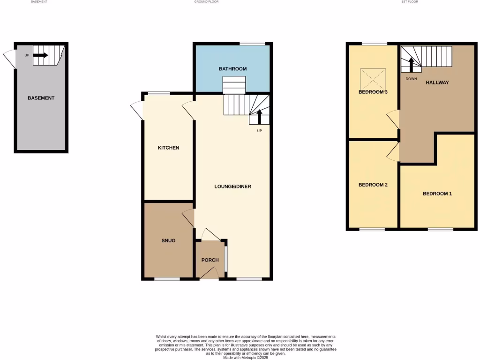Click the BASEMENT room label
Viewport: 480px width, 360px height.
click(x=41, y=98)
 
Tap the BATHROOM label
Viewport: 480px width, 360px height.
click(x=232, y=69)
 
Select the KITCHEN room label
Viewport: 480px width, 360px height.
click(x=168, y=148)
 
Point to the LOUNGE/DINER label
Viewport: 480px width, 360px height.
click(x=232, y=186)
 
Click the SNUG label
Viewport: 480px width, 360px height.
click(x=168, y=240)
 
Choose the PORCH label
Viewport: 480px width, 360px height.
click(x=210, y=260)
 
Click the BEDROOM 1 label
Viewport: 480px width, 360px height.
click(x=437, y=194)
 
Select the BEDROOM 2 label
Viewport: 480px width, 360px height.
click(x=373, y=185)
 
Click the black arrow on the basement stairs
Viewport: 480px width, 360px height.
click(x=41, y=55)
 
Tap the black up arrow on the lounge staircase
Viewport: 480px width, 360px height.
click(x=259, y=116)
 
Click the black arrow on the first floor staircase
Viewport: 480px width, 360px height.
click(x=412, y=65)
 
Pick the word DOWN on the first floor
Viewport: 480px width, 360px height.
click(x=411, y=79)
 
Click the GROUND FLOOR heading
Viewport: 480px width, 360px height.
click(x=206, y=2)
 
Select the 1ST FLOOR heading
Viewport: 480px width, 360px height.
click(x=409, y=2)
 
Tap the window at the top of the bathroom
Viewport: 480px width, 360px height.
click(x=252, y=44)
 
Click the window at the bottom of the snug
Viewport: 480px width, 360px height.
click(x=167, y=279)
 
